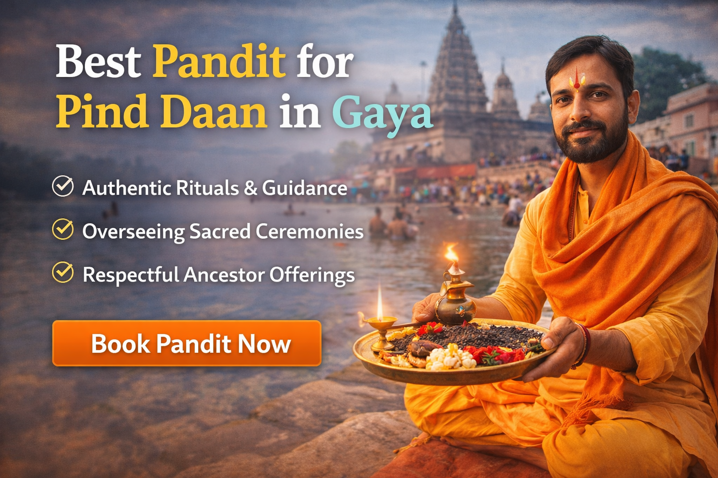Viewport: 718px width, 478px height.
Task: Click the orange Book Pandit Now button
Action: (187, 344)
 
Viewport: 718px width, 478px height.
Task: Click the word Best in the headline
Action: (98, 62)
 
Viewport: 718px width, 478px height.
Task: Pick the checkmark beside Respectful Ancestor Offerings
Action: (63, 273)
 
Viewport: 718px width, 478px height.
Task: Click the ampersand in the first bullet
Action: (251, 188)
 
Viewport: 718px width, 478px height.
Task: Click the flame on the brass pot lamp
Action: (451, 253)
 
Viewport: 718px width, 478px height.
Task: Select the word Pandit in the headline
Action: (219, 62)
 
